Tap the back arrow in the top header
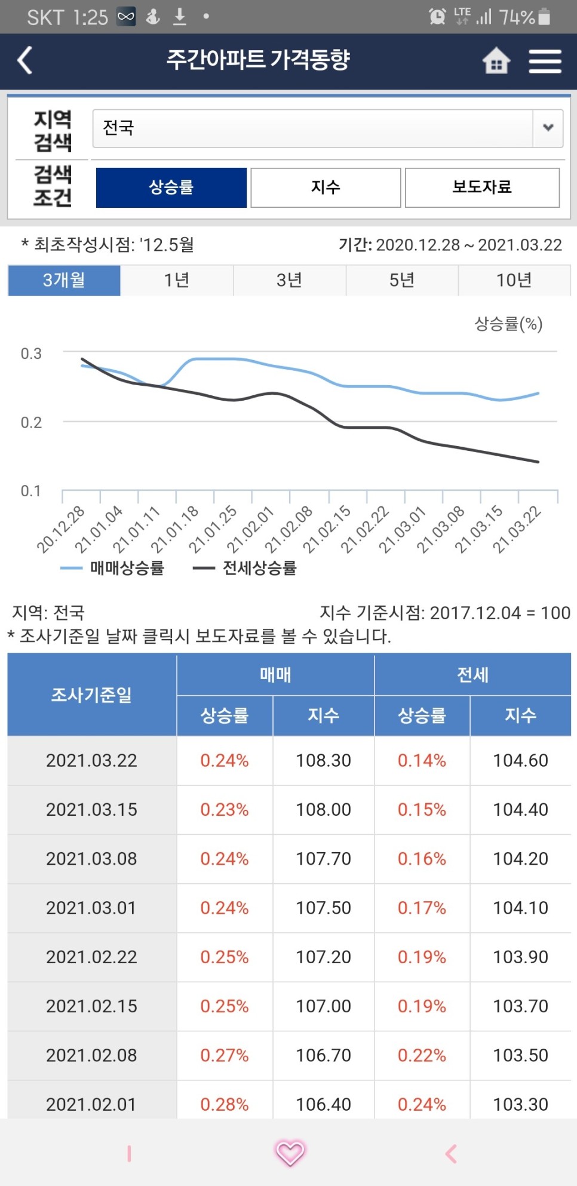(x=25, y=60)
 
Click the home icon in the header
(x=496, y=60)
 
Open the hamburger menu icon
(x=545, y=61)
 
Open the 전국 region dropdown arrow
(x=548, y=128)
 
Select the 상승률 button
(x=171, y=188)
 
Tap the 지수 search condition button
(x=326, y=188)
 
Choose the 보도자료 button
(x=482, y=188)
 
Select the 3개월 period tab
(x=64, y=280)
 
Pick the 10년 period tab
(x=514, y=280)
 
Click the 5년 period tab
(x=401, y=280)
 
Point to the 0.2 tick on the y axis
(x=31, y=423)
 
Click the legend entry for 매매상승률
(x=113, y=568)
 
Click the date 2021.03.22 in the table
(x=91, y=760)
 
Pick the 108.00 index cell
(x=323, y=809)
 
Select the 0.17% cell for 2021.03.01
(x=422, y=908)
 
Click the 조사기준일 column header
(x=91, y=695)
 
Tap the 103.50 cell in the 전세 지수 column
(x=520, y=1055)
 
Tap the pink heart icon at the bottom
(x=290, y=1153)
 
